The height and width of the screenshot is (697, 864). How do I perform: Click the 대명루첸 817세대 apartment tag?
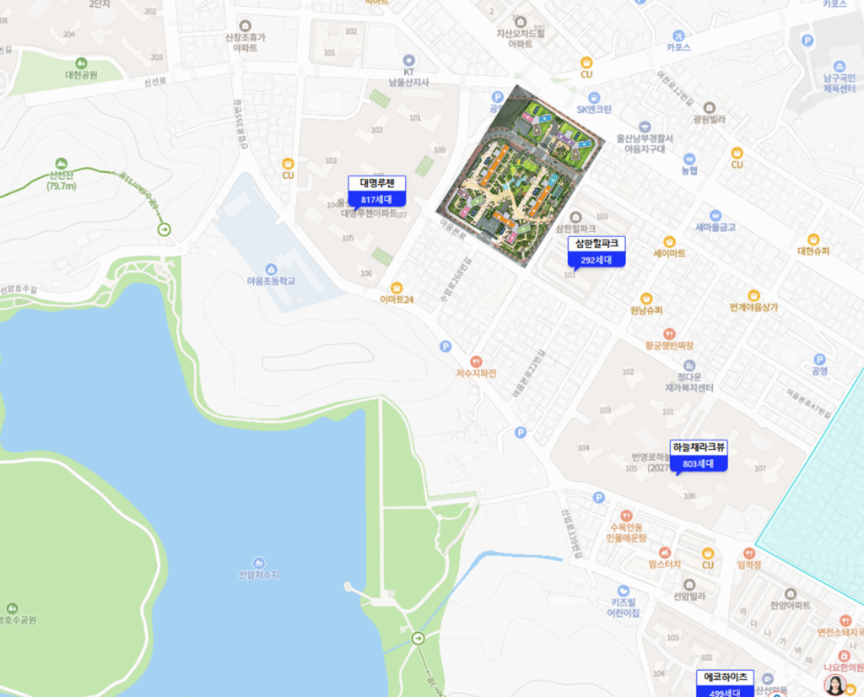(377, 191)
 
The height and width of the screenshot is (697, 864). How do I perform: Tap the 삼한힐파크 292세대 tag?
(597, 251)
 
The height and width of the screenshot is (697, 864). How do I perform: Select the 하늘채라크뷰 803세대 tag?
(699, 455)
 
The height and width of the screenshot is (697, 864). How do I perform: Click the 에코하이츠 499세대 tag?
(726, 683)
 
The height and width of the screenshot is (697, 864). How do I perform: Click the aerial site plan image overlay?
(521, 175)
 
